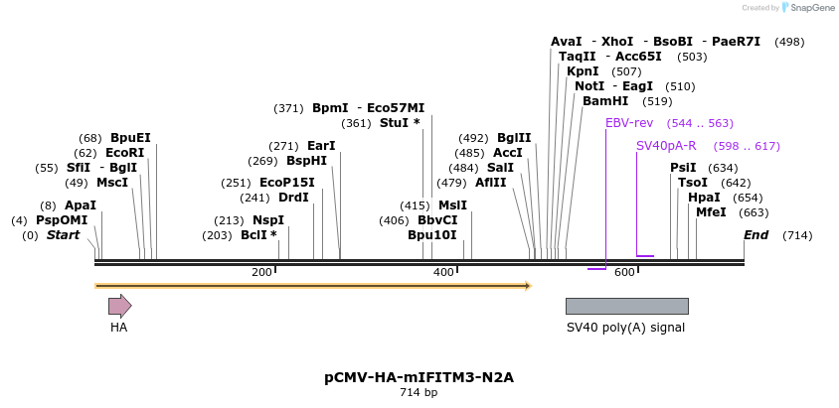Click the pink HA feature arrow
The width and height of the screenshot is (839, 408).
(x=119, y=306)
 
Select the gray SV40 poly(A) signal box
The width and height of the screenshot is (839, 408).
(x=626, y=306)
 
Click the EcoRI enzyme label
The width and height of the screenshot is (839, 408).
(x=124, y=153)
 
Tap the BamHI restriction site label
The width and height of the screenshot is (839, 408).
(x=605, y=101)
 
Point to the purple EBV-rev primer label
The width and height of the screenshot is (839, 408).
(x=629, y=123)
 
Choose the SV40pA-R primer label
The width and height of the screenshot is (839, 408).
(x=666, y=146)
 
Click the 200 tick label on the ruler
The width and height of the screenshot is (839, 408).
(x=261, y=272)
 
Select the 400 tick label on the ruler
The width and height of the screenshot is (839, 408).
(x=443, y=272)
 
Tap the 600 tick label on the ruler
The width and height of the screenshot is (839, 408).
(x=624, y=272)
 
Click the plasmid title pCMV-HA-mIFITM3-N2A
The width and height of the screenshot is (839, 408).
(x=419, y=377)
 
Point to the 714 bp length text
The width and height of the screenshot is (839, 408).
(x=419, y=393)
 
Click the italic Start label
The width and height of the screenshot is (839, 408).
(x=63, y=235)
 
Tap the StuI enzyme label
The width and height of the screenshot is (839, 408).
(x=400, y=123)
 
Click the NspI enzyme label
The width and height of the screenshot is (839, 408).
(x=268, y=220)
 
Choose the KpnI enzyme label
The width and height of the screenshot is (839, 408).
(x=583, y=71)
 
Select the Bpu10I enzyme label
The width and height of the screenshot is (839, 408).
(x=431, y=235)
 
